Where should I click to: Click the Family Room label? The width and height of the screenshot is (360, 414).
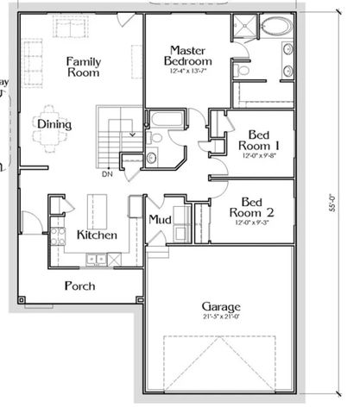pyautogui.click(x=85, y=66)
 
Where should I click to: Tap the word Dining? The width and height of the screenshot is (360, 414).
pyautogui.click(x=54, y=125)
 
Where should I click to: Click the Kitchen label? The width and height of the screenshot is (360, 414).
pyautogui.click(x=97, y=235)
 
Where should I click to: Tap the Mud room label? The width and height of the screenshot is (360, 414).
pyautogui.click(x=157, y=220)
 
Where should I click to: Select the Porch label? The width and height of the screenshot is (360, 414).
pyautogui.click(x=79, y=285)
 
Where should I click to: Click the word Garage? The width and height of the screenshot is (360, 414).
pyautogui.click(x=221, y=307)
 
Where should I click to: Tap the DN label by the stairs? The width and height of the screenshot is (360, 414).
pyautogui.click(x=106, y=173)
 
